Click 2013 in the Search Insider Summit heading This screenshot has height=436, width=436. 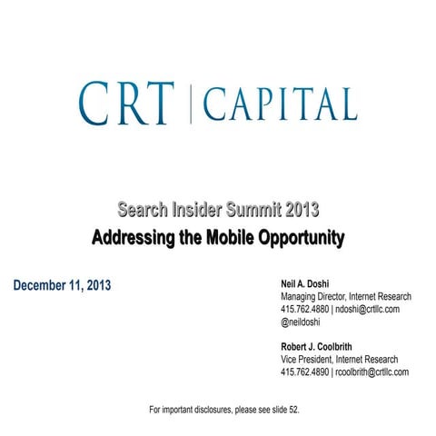pos(300,211)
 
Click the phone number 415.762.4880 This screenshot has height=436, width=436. pos(306,309)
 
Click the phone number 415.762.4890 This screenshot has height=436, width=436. pos(306,372)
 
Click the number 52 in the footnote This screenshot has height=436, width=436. pos(292,410)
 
